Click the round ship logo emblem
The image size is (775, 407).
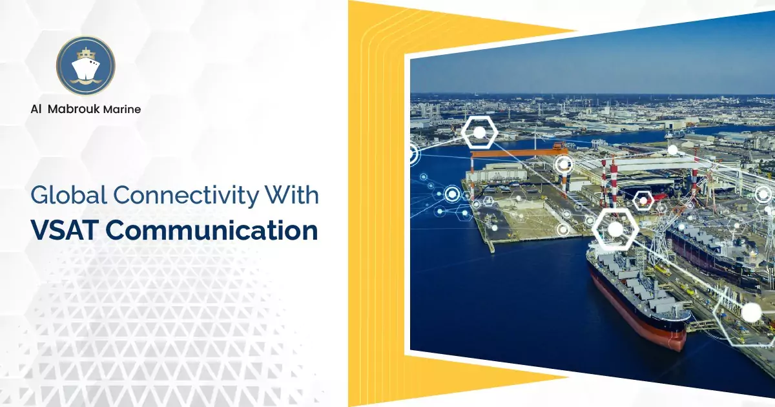pyautogui.click(x=85, y=66)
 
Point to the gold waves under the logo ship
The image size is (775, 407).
pyautogui.click(x=85, y=81)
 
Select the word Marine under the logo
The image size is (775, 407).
pyautogui.click(x=123, y=109)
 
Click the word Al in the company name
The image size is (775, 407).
pyautogui.click(x=36, y=109)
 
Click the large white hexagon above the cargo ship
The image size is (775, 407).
pyautogui.click(x=615, y=229)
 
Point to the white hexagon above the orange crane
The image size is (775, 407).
pyautogui.click(x=479, y=133)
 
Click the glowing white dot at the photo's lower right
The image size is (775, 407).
pyautogui.click(x=751, y=313)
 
